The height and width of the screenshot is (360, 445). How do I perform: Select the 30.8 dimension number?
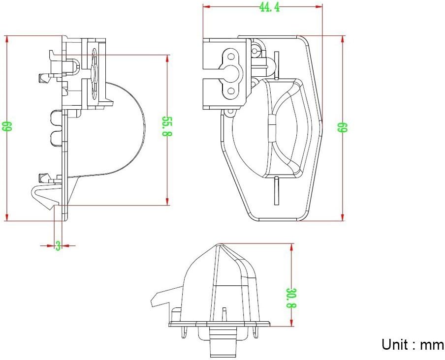(x=291, y=298)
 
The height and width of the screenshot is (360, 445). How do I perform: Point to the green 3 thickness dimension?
(x=58, y=245)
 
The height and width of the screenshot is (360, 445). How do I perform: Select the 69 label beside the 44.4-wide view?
(x=343, y=127)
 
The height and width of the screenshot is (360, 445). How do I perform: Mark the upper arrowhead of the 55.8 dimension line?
(x=167, y=59)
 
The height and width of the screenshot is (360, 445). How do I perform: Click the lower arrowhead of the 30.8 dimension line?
(x=291, y=322)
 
